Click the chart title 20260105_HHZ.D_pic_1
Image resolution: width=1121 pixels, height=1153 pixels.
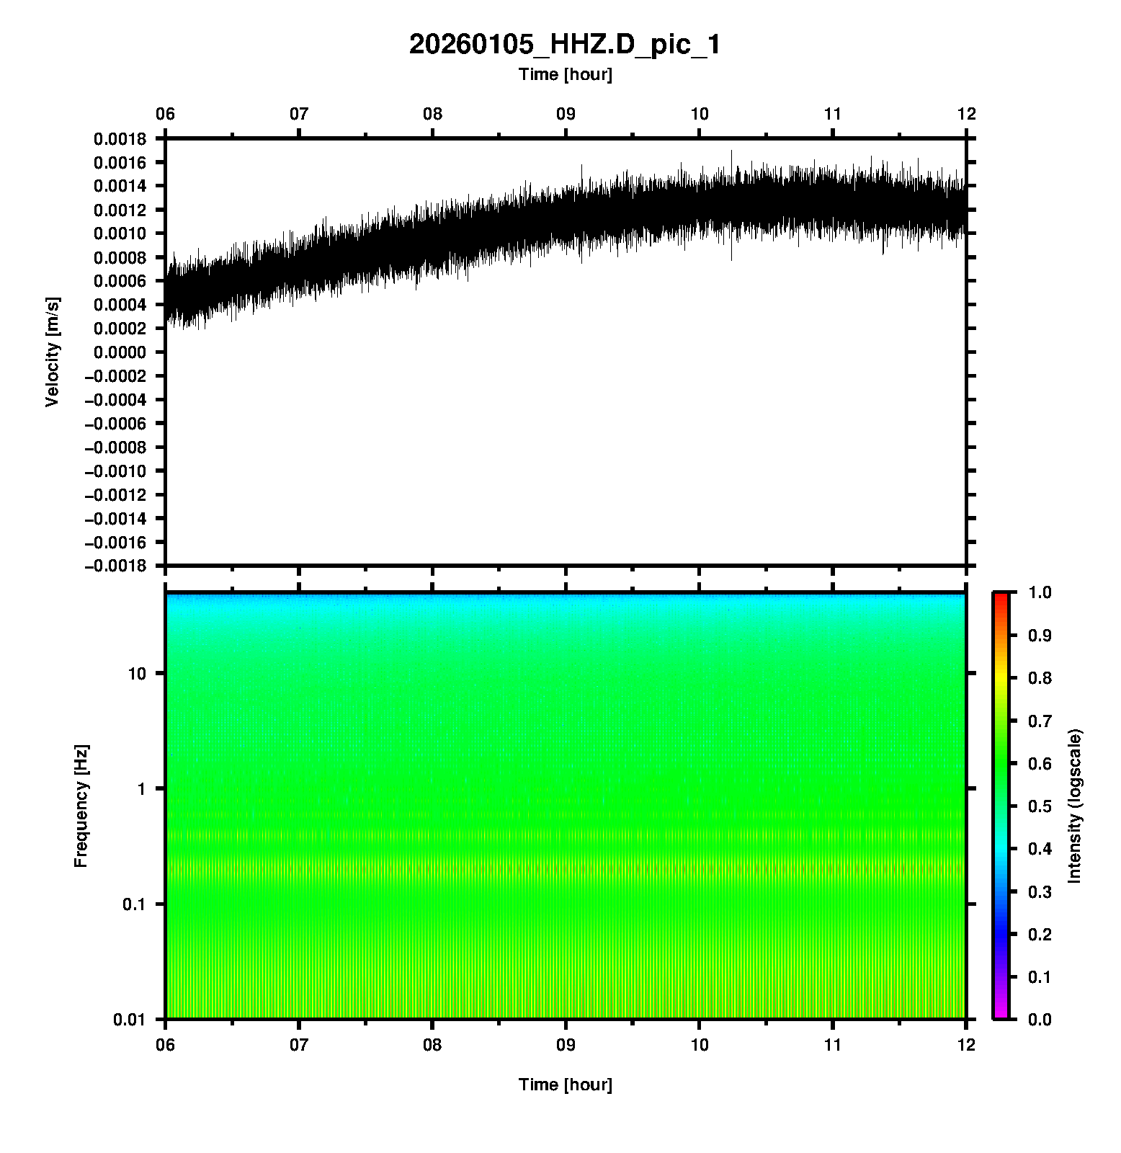point(564,45)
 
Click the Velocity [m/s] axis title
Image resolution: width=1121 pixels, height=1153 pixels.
point(52,352)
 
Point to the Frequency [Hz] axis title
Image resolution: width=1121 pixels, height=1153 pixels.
point(81,806)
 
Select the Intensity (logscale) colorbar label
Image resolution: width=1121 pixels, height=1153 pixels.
point(1075,806)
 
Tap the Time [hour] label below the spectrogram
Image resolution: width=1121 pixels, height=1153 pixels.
point(565,1085)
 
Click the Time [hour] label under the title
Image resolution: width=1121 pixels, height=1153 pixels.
point(565,74)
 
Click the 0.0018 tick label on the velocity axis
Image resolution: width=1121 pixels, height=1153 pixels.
point(119,139)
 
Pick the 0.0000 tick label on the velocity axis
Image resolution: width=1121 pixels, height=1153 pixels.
point(119,352)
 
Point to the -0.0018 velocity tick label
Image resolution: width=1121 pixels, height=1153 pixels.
point(115,566)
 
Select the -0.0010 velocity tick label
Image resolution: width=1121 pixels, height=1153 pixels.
point(115,471)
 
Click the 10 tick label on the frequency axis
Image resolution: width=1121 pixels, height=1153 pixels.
point(137,674)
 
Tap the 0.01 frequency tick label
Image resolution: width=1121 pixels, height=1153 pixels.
point(130,1020)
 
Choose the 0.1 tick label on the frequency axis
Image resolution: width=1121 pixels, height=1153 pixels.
point(133,904)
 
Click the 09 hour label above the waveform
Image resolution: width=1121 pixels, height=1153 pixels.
point(566,114)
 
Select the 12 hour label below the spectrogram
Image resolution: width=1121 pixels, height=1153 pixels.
point(966,1045)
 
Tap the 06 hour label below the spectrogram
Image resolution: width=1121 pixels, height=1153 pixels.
point(166,1045)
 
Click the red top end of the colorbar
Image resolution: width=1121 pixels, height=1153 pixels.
point(1001,597)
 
